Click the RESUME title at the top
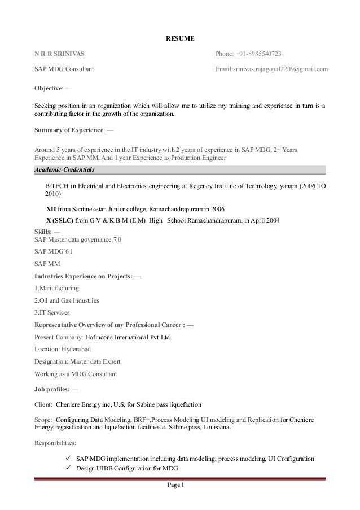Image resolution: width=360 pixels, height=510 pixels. click(179, 39)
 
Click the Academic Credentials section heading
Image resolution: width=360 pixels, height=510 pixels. click(65, 169)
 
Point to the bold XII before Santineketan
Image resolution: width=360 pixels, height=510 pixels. click(51, 208)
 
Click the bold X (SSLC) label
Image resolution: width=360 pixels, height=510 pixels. click(59, 220)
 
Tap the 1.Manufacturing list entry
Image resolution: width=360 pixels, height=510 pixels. click(56, 288)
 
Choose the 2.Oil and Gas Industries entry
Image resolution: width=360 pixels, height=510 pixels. click(67, 300)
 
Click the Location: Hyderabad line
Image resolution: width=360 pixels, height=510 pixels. click(63, 350)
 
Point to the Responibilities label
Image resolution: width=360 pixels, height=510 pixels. click(58, 443)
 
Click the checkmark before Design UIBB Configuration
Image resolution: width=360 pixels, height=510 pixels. click(69, 468)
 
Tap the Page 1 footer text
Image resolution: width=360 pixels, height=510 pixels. click(180, 487)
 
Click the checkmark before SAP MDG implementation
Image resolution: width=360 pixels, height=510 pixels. click(69, 458)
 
